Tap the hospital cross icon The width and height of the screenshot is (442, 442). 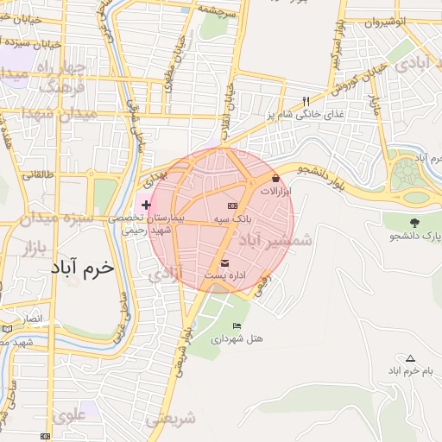(x=146, y=205)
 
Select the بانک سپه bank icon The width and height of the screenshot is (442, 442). (x=232, y=206)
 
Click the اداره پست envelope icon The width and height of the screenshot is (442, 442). (x=225, y=262)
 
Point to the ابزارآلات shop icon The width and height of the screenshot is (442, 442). (x=275, y=178)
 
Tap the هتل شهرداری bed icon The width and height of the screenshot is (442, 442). (x=237, y=325)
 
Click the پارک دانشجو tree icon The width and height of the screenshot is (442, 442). (x=416, y=223)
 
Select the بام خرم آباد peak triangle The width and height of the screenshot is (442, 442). (x=410, y=358)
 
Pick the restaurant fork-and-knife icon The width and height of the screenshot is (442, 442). (x=306, y=101)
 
